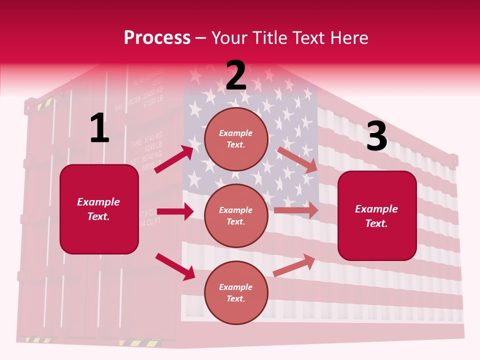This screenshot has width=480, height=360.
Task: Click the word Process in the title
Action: point(157,38)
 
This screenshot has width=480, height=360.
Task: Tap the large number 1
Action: point(99,128)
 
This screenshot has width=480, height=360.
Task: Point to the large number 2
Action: point(236,75)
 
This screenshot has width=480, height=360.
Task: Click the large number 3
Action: point(376,136)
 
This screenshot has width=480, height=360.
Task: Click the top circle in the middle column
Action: point(236,139)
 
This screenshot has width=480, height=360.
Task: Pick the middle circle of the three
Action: point(236,216)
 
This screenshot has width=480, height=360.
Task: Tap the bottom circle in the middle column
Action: point(236,293)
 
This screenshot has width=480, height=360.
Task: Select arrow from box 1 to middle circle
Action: point(175,212)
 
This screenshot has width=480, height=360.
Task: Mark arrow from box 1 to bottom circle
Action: point(175,266)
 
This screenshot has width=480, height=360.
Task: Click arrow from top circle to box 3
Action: point(297,159)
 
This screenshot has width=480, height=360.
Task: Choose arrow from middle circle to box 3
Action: point(296,210)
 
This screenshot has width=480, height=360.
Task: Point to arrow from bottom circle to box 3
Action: point(294,265)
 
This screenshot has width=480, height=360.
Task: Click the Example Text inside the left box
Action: point(98,209)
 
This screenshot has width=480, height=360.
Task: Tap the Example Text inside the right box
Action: point(376,216)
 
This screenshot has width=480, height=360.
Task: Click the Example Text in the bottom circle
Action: point(236,293)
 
